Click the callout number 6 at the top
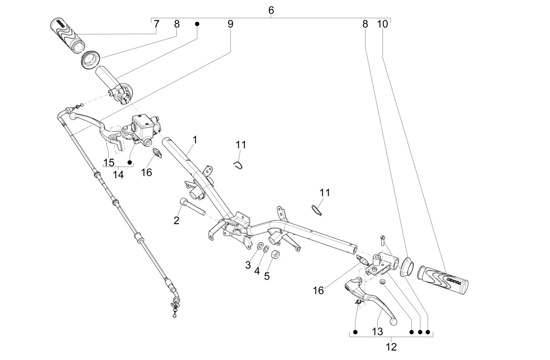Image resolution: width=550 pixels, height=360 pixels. tap(271, 10)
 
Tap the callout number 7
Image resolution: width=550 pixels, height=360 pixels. tap(156, 24)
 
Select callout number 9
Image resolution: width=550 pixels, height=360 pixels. tap(230, 24)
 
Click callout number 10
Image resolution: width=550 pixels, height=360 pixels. tap(383, 24)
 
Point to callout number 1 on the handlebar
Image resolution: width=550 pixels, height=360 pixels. tap(195, 140)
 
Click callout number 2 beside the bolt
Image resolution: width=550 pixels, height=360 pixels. tap(177, 220)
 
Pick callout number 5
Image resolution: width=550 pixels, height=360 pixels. tap(267, 276)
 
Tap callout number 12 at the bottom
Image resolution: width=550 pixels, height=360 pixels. tap(391, 347)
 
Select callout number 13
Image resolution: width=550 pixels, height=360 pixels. tap(378, 331)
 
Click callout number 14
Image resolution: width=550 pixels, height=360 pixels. tap(118, 174)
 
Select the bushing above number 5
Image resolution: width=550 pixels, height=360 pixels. tap(275, 255)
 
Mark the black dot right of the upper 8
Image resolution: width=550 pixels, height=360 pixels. tap(197, 24)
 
